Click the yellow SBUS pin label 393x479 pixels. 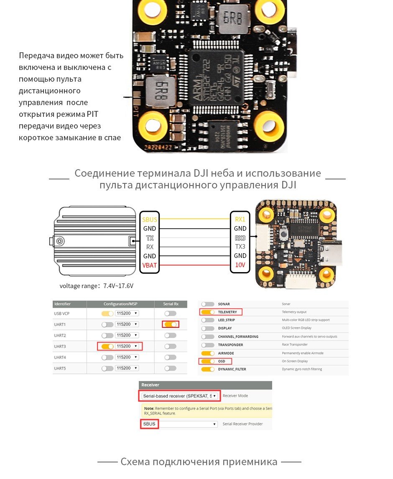[149, 219]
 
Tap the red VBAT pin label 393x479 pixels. [149, 265]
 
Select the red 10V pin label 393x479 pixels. [240, 265]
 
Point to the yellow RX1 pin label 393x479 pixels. [240, 219]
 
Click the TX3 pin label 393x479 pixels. [240, 247]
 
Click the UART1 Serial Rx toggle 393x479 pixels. [170, 324]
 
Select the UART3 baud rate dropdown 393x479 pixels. [127, 346]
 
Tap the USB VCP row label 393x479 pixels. [61, 313]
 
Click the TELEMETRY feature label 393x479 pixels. [227, 312]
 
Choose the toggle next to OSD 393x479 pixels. [208, 361]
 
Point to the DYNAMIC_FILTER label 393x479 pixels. [232, 369]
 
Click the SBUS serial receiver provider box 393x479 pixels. [149, 424]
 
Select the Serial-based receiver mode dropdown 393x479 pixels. [179, 396]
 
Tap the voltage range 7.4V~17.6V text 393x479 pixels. [97, 286]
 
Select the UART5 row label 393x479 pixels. [60, 368]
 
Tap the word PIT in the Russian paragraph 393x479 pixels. [92, 114]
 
